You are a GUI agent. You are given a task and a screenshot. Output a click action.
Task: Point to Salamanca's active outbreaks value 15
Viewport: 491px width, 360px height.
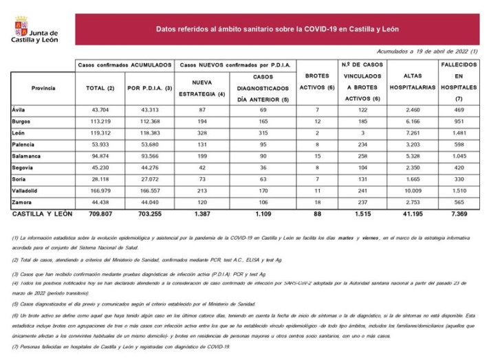(x=318, y=157)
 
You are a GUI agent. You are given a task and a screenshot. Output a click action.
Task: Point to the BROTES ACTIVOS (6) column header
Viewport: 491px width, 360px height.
(x=318, y=87)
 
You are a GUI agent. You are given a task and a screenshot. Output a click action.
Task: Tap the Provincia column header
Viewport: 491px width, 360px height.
(x=43, y=88)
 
